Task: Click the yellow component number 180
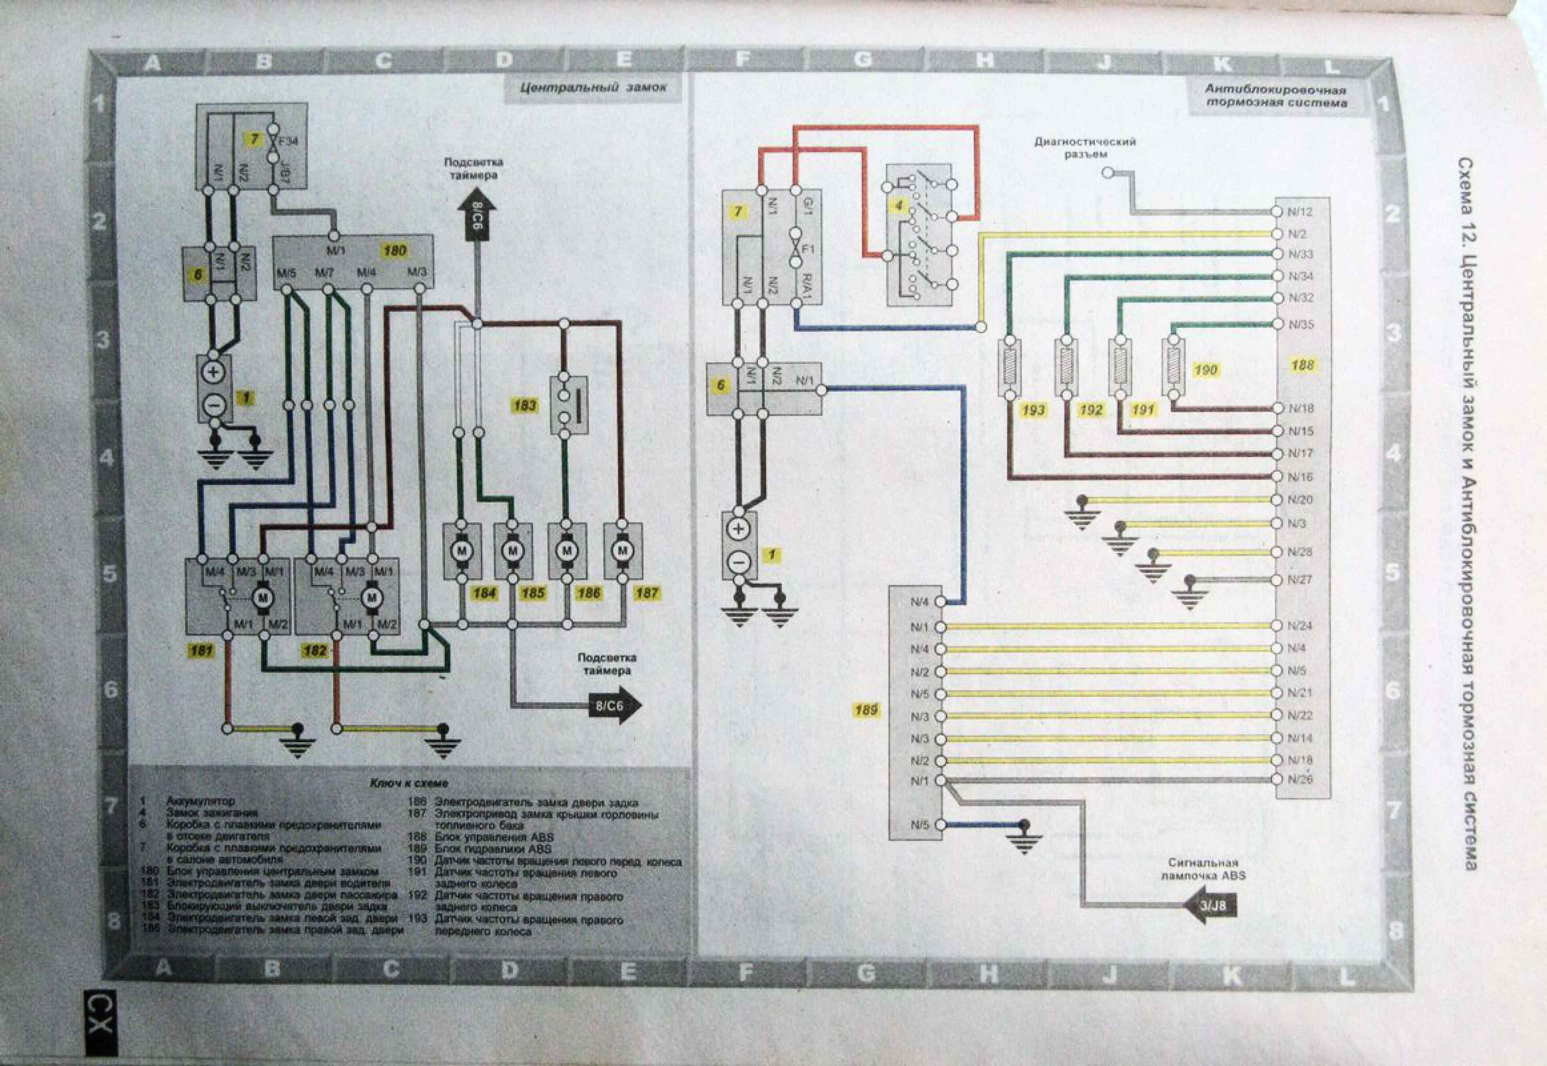click(395, 251)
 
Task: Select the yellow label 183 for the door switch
click(525, 405)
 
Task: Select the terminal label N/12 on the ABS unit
click(1300, 212)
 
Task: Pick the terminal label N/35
click(1300, 325)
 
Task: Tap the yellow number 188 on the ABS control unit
click(1302, 365)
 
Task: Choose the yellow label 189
click(866, 710)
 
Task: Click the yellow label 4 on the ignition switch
click(898, 206)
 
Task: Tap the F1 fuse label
click(808, 249)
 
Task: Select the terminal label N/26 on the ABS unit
click(1300, 779)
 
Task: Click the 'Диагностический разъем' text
click(1085, 147)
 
